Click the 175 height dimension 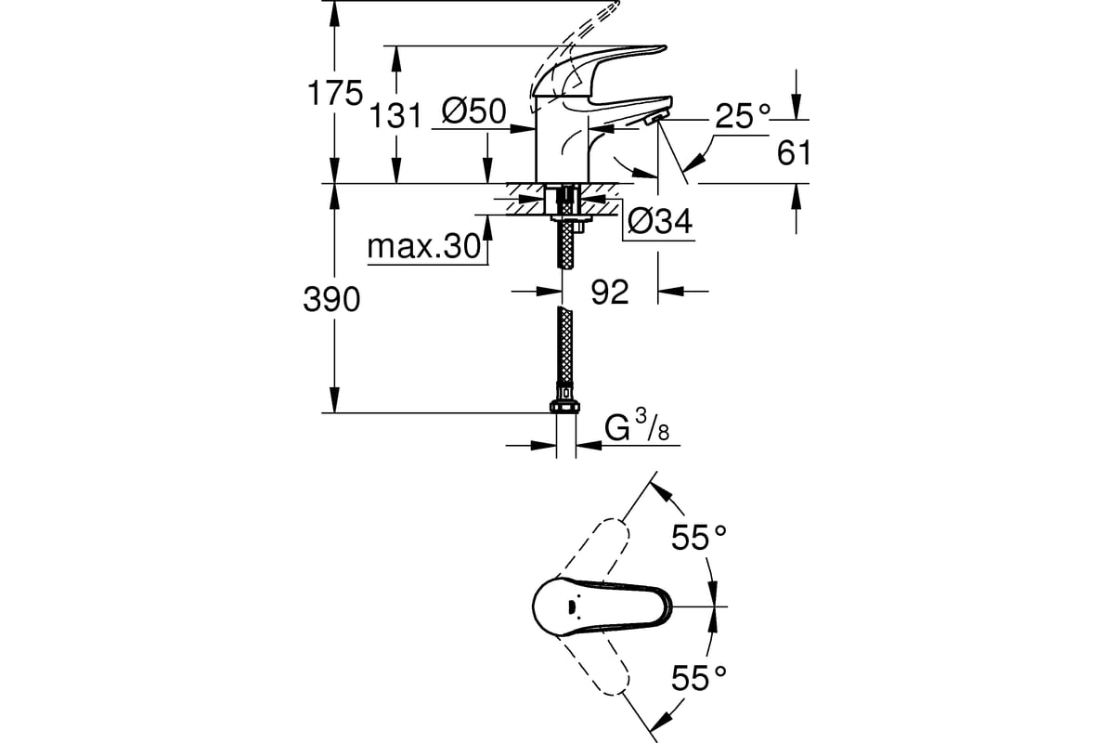335,93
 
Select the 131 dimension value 395,116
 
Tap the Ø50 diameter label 474,111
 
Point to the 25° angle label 743,116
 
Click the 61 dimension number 794,152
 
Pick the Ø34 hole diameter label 660,221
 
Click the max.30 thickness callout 424,246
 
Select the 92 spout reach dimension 610,292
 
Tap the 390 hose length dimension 331,300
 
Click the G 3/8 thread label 638,426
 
